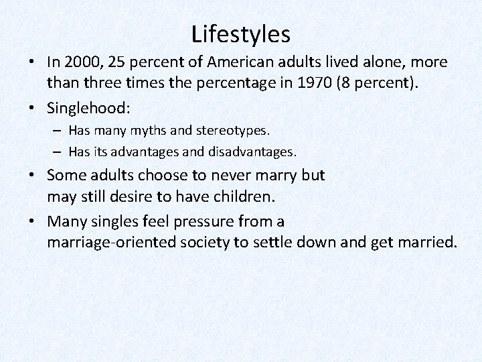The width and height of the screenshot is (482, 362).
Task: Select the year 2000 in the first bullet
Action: click(82, 62)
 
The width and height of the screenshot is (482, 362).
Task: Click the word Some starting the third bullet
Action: click(67, 176)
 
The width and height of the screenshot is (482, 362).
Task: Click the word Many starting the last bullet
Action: click(67, 221)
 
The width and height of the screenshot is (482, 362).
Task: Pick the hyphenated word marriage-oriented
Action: click(111, 241)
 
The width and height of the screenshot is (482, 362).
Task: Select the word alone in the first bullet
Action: click(386, 62)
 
